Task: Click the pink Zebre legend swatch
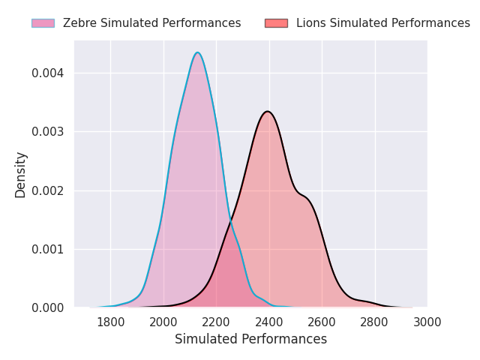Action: pyautogui.click(x=43, y=23)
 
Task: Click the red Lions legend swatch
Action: pyautogui.click(x=277, y=23)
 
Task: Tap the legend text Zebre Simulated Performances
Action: pyautogui.click(x=151, y=23)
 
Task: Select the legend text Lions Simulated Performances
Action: pyautogui.click(x=383, y=23)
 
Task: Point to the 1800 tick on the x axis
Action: pyautogui.click(x=110, y=322)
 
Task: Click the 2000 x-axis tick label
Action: pyautogui.click(x=163, y=322)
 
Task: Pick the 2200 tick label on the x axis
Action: pyautogui.click(x=216, y=322)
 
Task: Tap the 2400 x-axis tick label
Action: pyautogui.click(x=269, y=322)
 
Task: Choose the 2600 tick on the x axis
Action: pyautogui.click(x=322, y=322)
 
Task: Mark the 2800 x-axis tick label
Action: pyautogui.click(x=374, y=322)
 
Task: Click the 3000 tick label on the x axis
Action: pyautogui.click(x=427, y=322)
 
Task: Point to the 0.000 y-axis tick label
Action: pyautogui.click(x=48, y=308)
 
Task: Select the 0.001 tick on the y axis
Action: pyautogui.click(x=48, y=250)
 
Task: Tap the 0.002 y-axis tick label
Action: pyautogui.click(x=48, y=190)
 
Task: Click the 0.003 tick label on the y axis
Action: pyautogui.click(x=48, y=132)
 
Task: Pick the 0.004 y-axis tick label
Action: pyautogui.click(x=48, y=73)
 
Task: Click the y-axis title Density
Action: pyautogui.click(x=20, y=175)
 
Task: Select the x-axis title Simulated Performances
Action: pyautogui.click(x=250, y=339)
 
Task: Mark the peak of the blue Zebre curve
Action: pyautogui.click(x=198, y=52)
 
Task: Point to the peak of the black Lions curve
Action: pyautogui.click(x=268, y=112)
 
